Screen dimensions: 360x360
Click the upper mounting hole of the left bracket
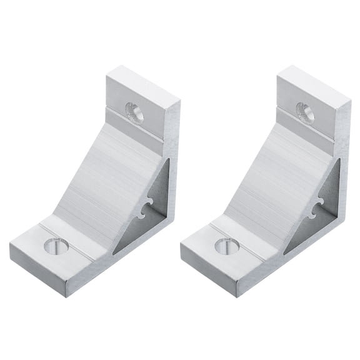click(134, 112)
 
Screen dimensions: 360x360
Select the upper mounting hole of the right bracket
click(305, 111)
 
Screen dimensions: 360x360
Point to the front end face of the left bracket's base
click(37, 269)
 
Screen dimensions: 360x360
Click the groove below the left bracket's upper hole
click(134, 129)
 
